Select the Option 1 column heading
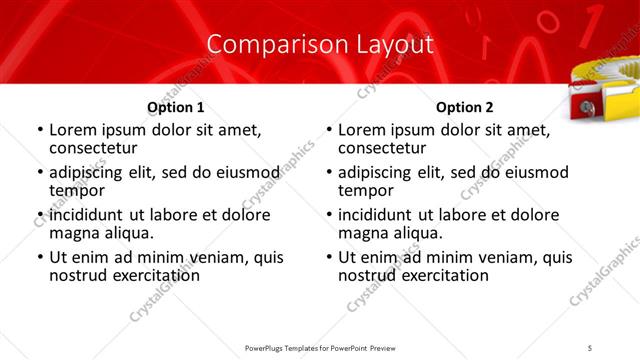click(176, 107)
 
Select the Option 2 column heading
click(465, 107)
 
